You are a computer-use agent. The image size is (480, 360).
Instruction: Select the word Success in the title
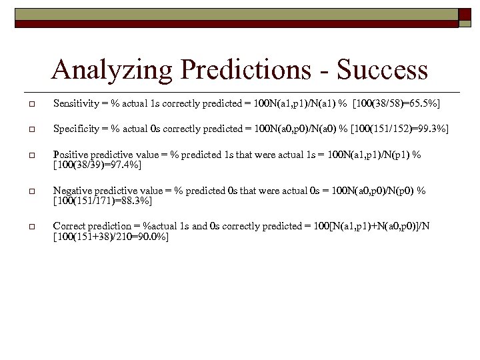click(x=383, y=70)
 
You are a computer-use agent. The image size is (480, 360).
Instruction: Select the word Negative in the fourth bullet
click(x=71, y=191)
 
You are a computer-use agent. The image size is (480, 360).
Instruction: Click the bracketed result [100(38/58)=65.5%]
click(x=398, y=105)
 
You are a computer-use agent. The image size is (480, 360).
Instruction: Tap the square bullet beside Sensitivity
click(x=31, y=105)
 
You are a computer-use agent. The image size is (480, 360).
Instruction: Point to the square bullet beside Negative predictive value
click(x=31, y=191)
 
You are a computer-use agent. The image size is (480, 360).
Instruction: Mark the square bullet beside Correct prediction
click(x=31, y=227)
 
